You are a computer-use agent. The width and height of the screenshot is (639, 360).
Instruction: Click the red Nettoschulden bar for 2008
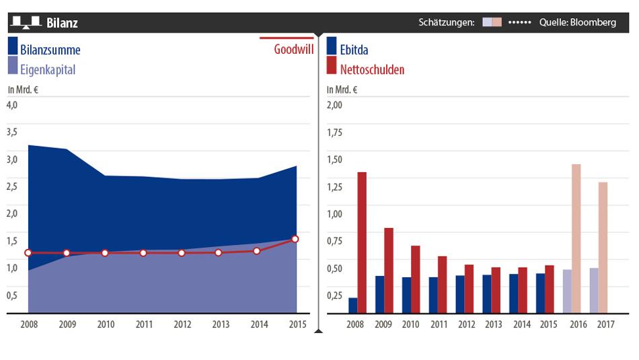pos(362,242)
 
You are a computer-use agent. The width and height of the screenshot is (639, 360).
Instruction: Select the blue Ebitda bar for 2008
pos(353,305)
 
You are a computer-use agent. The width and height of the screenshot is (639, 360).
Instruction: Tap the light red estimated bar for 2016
pos(576,239)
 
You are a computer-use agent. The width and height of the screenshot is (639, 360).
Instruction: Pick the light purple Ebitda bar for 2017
pos(594,291)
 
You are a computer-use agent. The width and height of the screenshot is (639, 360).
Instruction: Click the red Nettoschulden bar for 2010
pos(416,279)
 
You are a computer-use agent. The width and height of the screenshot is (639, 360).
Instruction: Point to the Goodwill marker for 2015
pos(295,239)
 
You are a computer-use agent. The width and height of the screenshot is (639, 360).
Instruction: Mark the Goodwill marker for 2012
pos(182,253)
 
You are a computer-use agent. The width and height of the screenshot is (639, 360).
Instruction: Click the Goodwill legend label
pos(294,49)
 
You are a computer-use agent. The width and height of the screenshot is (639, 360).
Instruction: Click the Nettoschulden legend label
pos(372,69)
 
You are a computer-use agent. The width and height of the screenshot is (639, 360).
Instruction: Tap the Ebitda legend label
pos(354,50)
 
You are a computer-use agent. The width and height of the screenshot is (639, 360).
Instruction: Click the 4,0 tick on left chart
pos(12,104)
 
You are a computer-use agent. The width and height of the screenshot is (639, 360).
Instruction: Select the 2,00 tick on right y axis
pos(334,104)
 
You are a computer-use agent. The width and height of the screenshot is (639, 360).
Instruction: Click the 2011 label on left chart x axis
pos(143,324)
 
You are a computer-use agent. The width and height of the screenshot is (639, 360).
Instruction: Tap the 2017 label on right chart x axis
pos(605,324)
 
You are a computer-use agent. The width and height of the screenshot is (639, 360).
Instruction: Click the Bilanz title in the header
pos(62,23)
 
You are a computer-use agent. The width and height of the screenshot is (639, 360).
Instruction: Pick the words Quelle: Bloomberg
pos(577,22)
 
